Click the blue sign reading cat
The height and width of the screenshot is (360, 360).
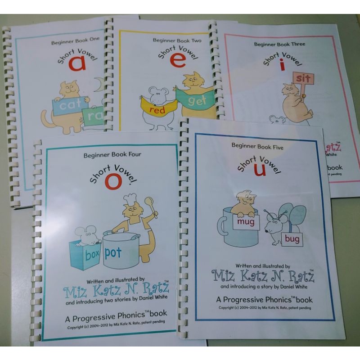tap(70, 106)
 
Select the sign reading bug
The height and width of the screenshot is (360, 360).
tap(292, 239)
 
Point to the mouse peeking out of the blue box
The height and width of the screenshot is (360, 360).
tap(84, 234)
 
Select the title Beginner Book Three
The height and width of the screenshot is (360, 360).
tap(279, 44)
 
